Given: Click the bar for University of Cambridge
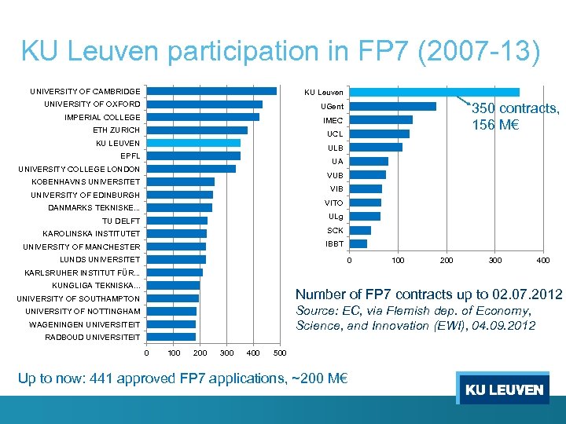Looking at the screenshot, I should point(211,91).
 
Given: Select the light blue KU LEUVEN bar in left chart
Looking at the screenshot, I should point(193,143).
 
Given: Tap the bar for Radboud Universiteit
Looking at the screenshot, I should point(171,337).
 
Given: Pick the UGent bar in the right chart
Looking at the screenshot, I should point(392,107).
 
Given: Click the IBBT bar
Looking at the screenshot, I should point(358,244).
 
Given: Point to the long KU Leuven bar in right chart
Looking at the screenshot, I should point(434,93).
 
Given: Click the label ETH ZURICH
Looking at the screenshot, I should point(116,130).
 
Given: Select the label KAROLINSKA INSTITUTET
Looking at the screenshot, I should point(91,234).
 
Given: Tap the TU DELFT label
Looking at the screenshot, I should point(121,221).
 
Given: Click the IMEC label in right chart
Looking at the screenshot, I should point(333,121).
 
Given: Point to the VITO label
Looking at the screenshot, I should point(333,203).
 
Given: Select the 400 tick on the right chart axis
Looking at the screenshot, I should point(542,260).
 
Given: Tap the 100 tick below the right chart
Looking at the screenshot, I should point(398,260).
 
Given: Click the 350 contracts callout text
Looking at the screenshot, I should point(515,117).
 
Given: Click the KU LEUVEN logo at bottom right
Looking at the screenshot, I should point(503,389).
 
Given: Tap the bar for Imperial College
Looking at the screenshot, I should point(203,117).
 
